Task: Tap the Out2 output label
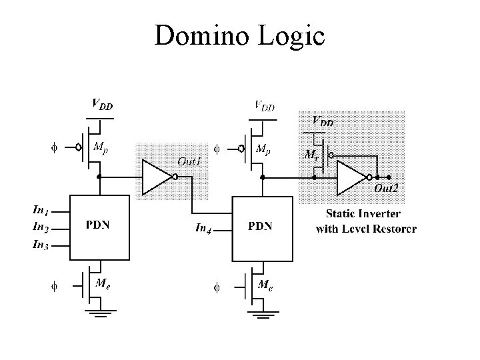click(x=386, y=189)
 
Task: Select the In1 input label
click(x=41, y=210)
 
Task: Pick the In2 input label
click(x=41, y=227)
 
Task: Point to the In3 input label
click(x=41, y=245)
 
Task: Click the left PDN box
click(x=99, y=225)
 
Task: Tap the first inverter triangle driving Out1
click(x=157, y=177)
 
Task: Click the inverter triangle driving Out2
click(x=352, y=177)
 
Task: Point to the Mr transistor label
click(x=311, y=154)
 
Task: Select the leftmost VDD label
click(x=101, y=104)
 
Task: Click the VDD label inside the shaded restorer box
click(x=324, y=122)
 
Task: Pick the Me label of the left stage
click(x=103, y=283)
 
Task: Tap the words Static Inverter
click(x=363, y=214)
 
